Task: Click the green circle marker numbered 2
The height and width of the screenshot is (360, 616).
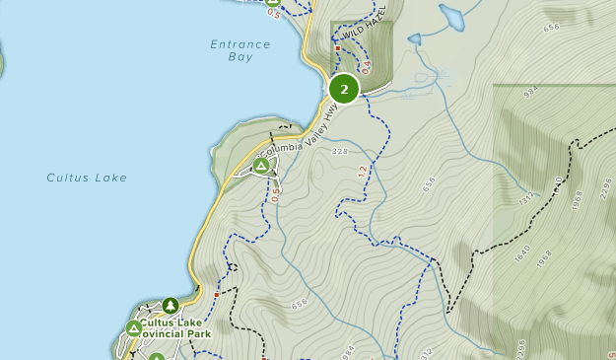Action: point(343,89)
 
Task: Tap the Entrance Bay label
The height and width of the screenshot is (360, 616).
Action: point(240,50)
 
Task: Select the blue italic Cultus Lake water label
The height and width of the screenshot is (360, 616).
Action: point(87,178)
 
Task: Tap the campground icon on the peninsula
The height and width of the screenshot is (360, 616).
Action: point(261,166)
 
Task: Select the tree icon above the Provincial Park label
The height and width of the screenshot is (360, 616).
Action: point(171,306)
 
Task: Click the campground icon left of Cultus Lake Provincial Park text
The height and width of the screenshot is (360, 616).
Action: point(133,328)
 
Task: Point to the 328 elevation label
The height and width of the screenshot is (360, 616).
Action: point(341,151)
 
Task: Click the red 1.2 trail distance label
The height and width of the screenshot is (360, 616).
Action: point(362,172)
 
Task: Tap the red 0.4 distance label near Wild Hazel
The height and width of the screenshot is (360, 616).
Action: point(366,68)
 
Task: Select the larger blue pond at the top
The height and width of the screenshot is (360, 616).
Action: point(451,17)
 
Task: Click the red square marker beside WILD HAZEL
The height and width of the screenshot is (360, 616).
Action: point(337,47)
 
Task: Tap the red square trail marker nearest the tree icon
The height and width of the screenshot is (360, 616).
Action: point(216,293)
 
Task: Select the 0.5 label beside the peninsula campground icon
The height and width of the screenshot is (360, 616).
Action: point(275,193)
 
